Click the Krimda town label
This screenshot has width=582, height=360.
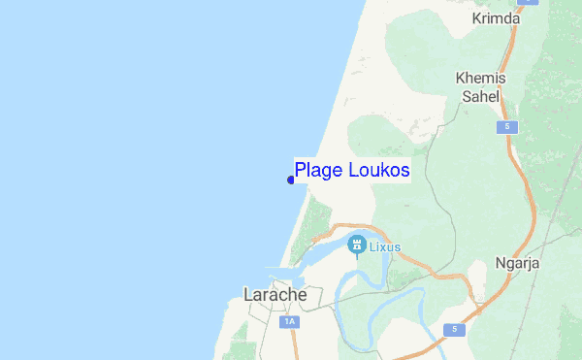pyautogui.click(x=495, y=19)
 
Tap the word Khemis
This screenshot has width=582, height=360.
pyautogui.click(x=477, y=79)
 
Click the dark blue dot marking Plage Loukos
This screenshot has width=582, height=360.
pyautogui.click(x=291, y=180)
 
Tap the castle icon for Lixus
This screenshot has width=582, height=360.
pyautogui.click(x=357, y=245)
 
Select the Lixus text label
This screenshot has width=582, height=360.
pyautogui.click(x=384, y=247)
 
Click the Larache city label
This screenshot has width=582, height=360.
pyautogui.click(x=275, y=294)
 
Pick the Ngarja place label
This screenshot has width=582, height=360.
pyautogui.click(x=517, y=264)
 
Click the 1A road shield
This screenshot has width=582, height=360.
pyautogui.click(x=288, y=321)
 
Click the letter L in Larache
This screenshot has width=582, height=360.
pyautogui.click(x=247, y=294)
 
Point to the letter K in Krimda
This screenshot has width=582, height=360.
pyautogui.click(x=476, y=19)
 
